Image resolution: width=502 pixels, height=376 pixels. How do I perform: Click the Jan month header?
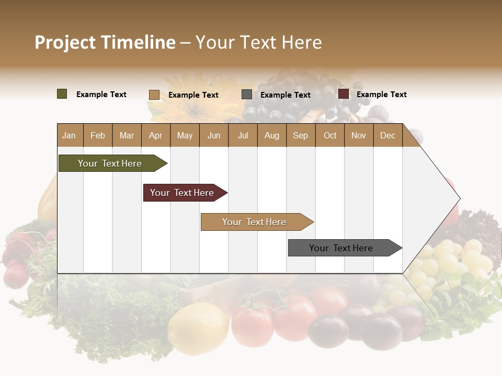(70, 135)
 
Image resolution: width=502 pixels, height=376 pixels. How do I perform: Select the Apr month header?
(156, 135)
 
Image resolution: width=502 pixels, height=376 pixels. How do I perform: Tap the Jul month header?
(243, 135)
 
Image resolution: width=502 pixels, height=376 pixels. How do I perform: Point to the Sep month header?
(300, 135)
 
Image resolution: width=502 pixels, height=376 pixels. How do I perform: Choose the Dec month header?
(387, 135)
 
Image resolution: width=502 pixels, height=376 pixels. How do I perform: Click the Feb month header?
(98, 135)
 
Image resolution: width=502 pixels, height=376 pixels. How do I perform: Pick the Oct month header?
(330, 135)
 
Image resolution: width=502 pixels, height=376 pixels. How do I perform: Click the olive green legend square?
(62, 94)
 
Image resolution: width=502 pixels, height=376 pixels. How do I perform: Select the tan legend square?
(154, 95)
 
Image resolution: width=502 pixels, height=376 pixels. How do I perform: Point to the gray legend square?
(247, 95)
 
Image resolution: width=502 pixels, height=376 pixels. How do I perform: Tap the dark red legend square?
(344, 94)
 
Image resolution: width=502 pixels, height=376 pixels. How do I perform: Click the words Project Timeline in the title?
(105, 42)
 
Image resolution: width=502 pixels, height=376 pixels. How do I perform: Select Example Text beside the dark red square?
(381, 95)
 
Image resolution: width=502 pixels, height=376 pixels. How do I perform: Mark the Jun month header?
(214, 135)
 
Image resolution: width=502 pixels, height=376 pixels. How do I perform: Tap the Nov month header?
(359, 135)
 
